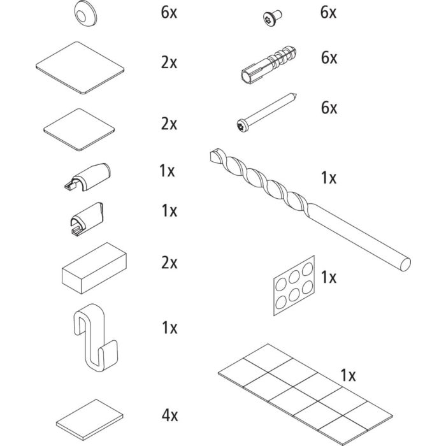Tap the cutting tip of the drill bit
click(x=215, y=155)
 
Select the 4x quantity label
click(x=169, y=416)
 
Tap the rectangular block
click(x=94, y=268)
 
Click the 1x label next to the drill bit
click(x=328, y=178)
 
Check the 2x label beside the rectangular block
click(x=169, y=263)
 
